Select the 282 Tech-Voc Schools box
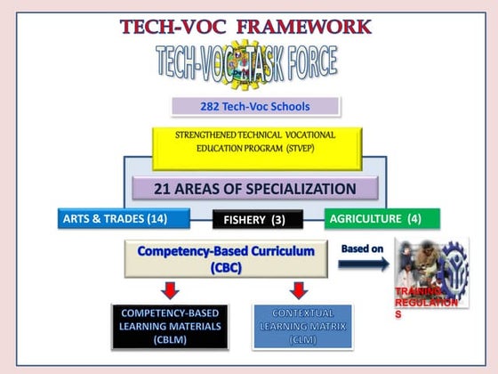click(255, 107)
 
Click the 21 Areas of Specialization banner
click(256, 189)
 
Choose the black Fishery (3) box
click(257, 219)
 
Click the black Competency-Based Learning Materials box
click(169, 327)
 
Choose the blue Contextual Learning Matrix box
click(302, 327)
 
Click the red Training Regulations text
click(425, 302)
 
